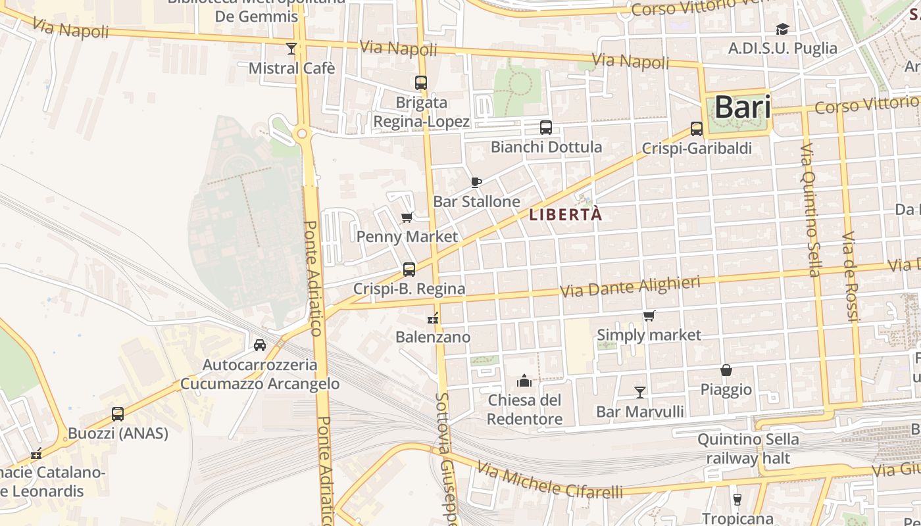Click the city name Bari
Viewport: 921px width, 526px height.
(x=743, y=107)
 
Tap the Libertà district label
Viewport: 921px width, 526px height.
(x=566, y=214)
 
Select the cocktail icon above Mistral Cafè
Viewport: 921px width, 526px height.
(x=291, y=48)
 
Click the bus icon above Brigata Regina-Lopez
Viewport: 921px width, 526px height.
(x=421, y=83)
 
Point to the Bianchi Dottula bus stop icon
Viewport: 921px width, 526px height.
(x=545, y=127)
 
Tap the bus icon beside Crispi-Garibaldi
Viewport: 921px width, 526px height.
(x=697, y=129)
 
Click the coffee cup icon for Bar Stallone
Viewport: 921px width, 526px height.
(x=476, y=182)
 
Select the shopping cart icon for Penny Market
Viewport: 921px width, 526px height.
(x=407, y=217)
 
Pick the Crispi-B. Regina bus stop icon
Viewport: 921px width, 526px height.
(x=409, y=269)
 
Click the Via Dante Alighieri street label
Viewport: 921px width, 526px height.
(x=630, y=287)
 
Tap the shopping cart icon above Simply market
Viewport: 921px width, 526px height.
(x=649, y=316)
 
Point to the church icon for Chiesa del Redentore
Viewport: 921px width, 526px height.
(x=524, y=381)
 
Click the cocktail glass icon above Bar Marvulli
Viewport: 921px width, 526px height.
(x=639, y=393)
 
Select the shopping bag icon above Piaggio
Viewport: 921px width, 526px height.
(x=726, y=370)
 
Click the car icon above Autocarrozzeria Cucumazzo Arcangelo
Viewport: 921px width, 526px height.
(x=260, y=345)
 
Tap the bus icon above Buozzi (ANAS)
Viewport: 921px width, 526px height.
(x=118, y=414)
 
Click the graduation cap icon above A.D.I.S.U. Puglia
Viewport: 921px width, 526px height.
(x=782, y=29)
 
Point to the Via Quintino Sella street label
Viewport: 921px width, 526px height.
(x=810, y=210)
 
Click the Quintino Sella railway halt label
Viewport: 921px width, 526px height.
(x=748, y=448)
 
